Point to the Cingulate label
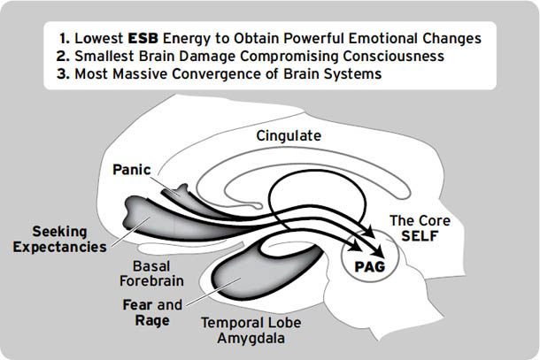tap(288, 136)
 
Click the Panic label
tap(130, 168)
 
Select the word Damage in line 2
tap(228, 56)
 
